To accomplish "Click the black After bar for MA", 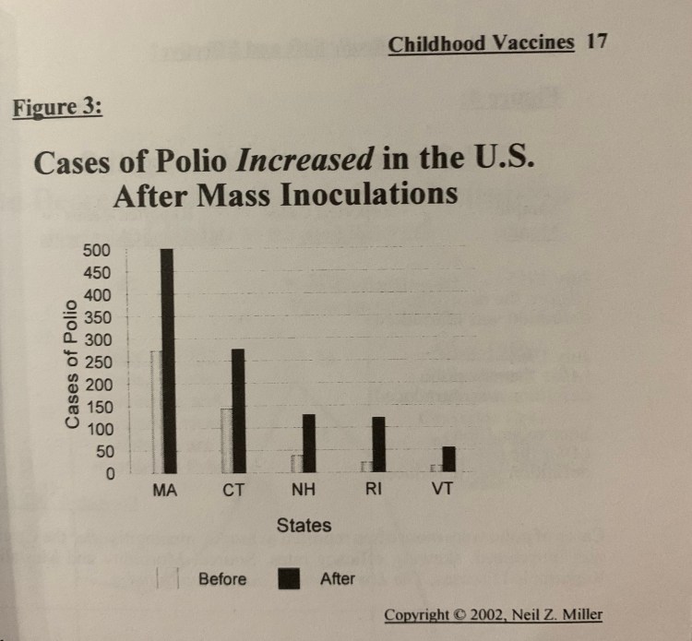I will point(167,361).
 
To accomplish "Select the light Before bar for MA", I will point(156,411).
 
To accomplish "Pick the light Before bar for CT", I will point(226,440).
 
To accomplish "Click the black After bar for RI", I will point(377,445).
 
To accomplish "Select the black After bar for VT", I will point(448,459).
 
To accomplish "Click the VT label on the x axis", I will point(442,490).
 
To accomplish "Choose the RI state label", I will point(372,490).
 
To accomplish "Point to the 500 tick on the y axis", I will point(95,250).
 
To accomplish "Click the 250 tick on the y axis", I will point(95,362).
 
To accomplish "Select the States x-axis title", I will point(304,526).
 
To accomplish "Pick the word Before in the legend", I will point(222,579).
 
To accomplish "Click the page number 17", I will point(597,42).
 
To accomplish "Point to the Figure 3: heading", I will point(57,106).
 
